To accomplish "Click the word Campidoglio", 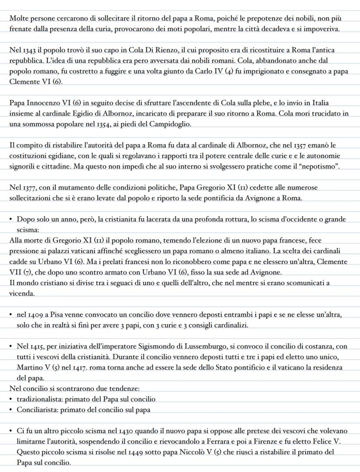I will (x=170, y=124).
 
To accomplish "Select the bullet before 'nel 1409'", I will (x=11, y=315).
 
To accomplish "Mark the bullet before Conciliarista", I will (x=11, y=409).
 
